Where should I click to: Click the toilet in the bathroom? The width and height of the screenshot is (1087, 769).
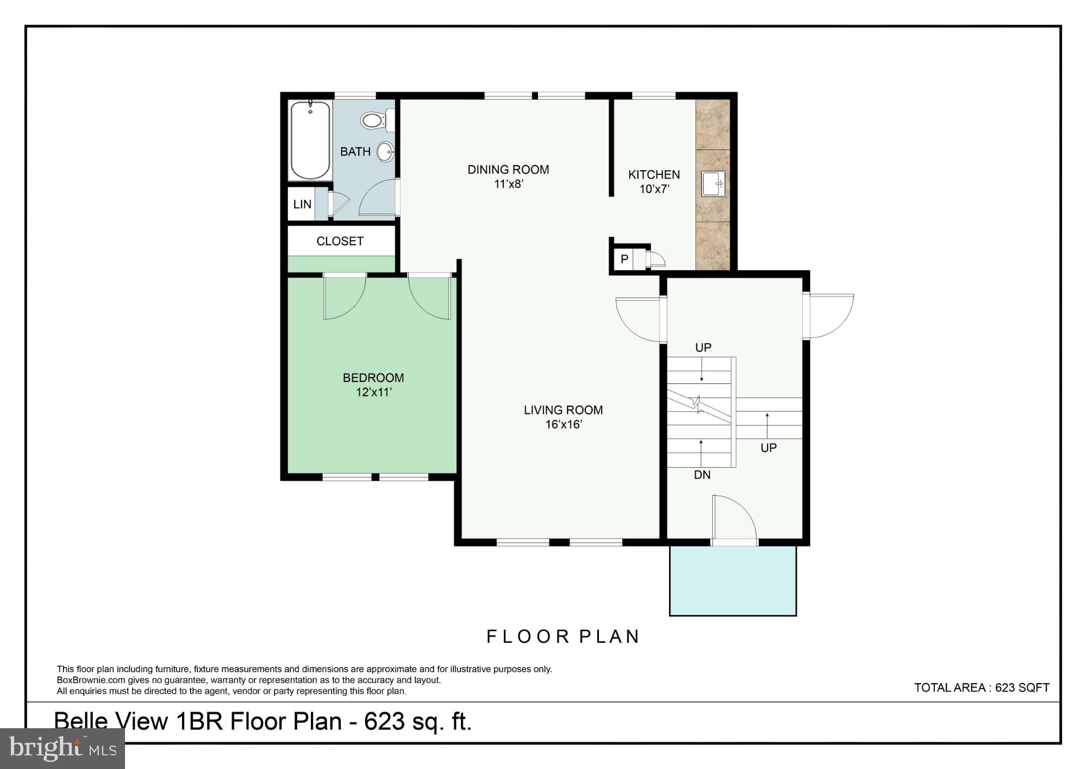(x=373, y=120)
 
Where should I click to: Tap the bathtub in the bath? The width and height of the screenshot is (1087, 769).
(x=310, y=140)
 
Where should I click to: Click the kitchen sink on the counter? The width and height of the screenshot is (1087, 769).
(x=713, y=183)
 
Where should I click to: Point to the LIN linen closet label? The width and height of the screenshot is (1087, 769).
(x=302, y=204)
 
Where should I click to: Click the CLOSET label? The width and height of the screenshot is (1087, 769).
(x=340, y=241)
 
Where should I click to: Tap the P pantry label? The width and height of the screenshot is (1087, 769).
(x=624, y=259)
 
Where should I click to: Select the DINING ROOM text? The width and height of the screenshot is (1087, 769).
(x=508, y=170)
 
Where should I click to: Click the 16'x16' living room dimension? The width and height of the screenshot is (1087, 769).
(x=564, y=425)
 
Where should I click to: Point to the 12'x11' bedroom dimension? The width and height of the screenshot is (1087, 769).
(x=373, y=392)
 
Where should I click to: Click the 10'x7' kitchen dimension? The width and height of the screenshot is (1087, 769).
(x=654, y=189)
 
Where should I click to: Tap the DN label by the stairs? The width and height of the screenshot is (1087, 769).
(x=702, y=475)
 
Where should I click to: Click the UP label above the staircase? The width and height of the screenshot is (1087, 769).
(x=703, y=348)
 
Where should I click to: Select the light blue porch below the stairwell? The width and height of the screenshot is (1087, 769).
(x=732, y=580)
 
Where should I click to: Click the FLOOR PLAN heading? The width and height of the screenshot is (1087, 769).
(x=563, y=636)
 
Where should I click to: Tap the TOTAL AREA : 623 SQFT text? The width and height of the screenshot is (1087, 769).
(x=981, y=687)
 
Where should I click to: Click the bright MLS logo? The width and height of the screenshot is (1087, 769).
(x=62, y=748)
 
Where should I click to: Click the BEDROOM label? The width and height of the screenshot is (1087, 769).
(x=373, y=377)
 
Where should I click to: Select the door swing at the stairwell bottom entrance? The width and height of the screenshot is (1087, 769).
(x=733, y=517)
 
